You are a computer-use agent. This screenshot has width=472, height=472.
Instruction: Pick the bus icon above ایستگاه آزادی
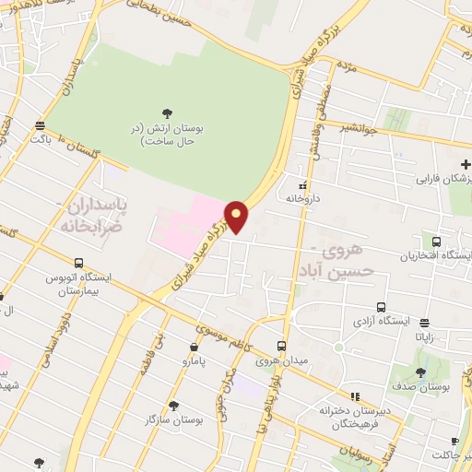click(x=380, y=308)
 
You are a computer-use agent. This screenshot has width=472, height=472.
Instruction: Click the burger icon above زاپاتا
click(x=424, y=323)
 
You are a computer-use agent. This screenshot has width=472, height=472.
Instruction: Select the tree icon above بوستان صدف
click(x=421, y=372)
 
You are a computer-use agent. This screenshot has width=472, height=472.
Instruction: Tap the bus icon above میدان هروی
click(x=283, y=346)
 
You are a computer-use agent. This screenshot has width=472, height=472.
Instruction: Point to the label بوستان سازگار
click(x=174, y=419)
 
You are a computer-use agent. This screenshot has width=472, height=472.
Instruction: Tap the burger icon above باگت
click(x=39, y=126)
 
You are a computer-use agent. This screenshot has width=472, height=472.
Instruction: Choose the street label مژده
click(x=348, y=67)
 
